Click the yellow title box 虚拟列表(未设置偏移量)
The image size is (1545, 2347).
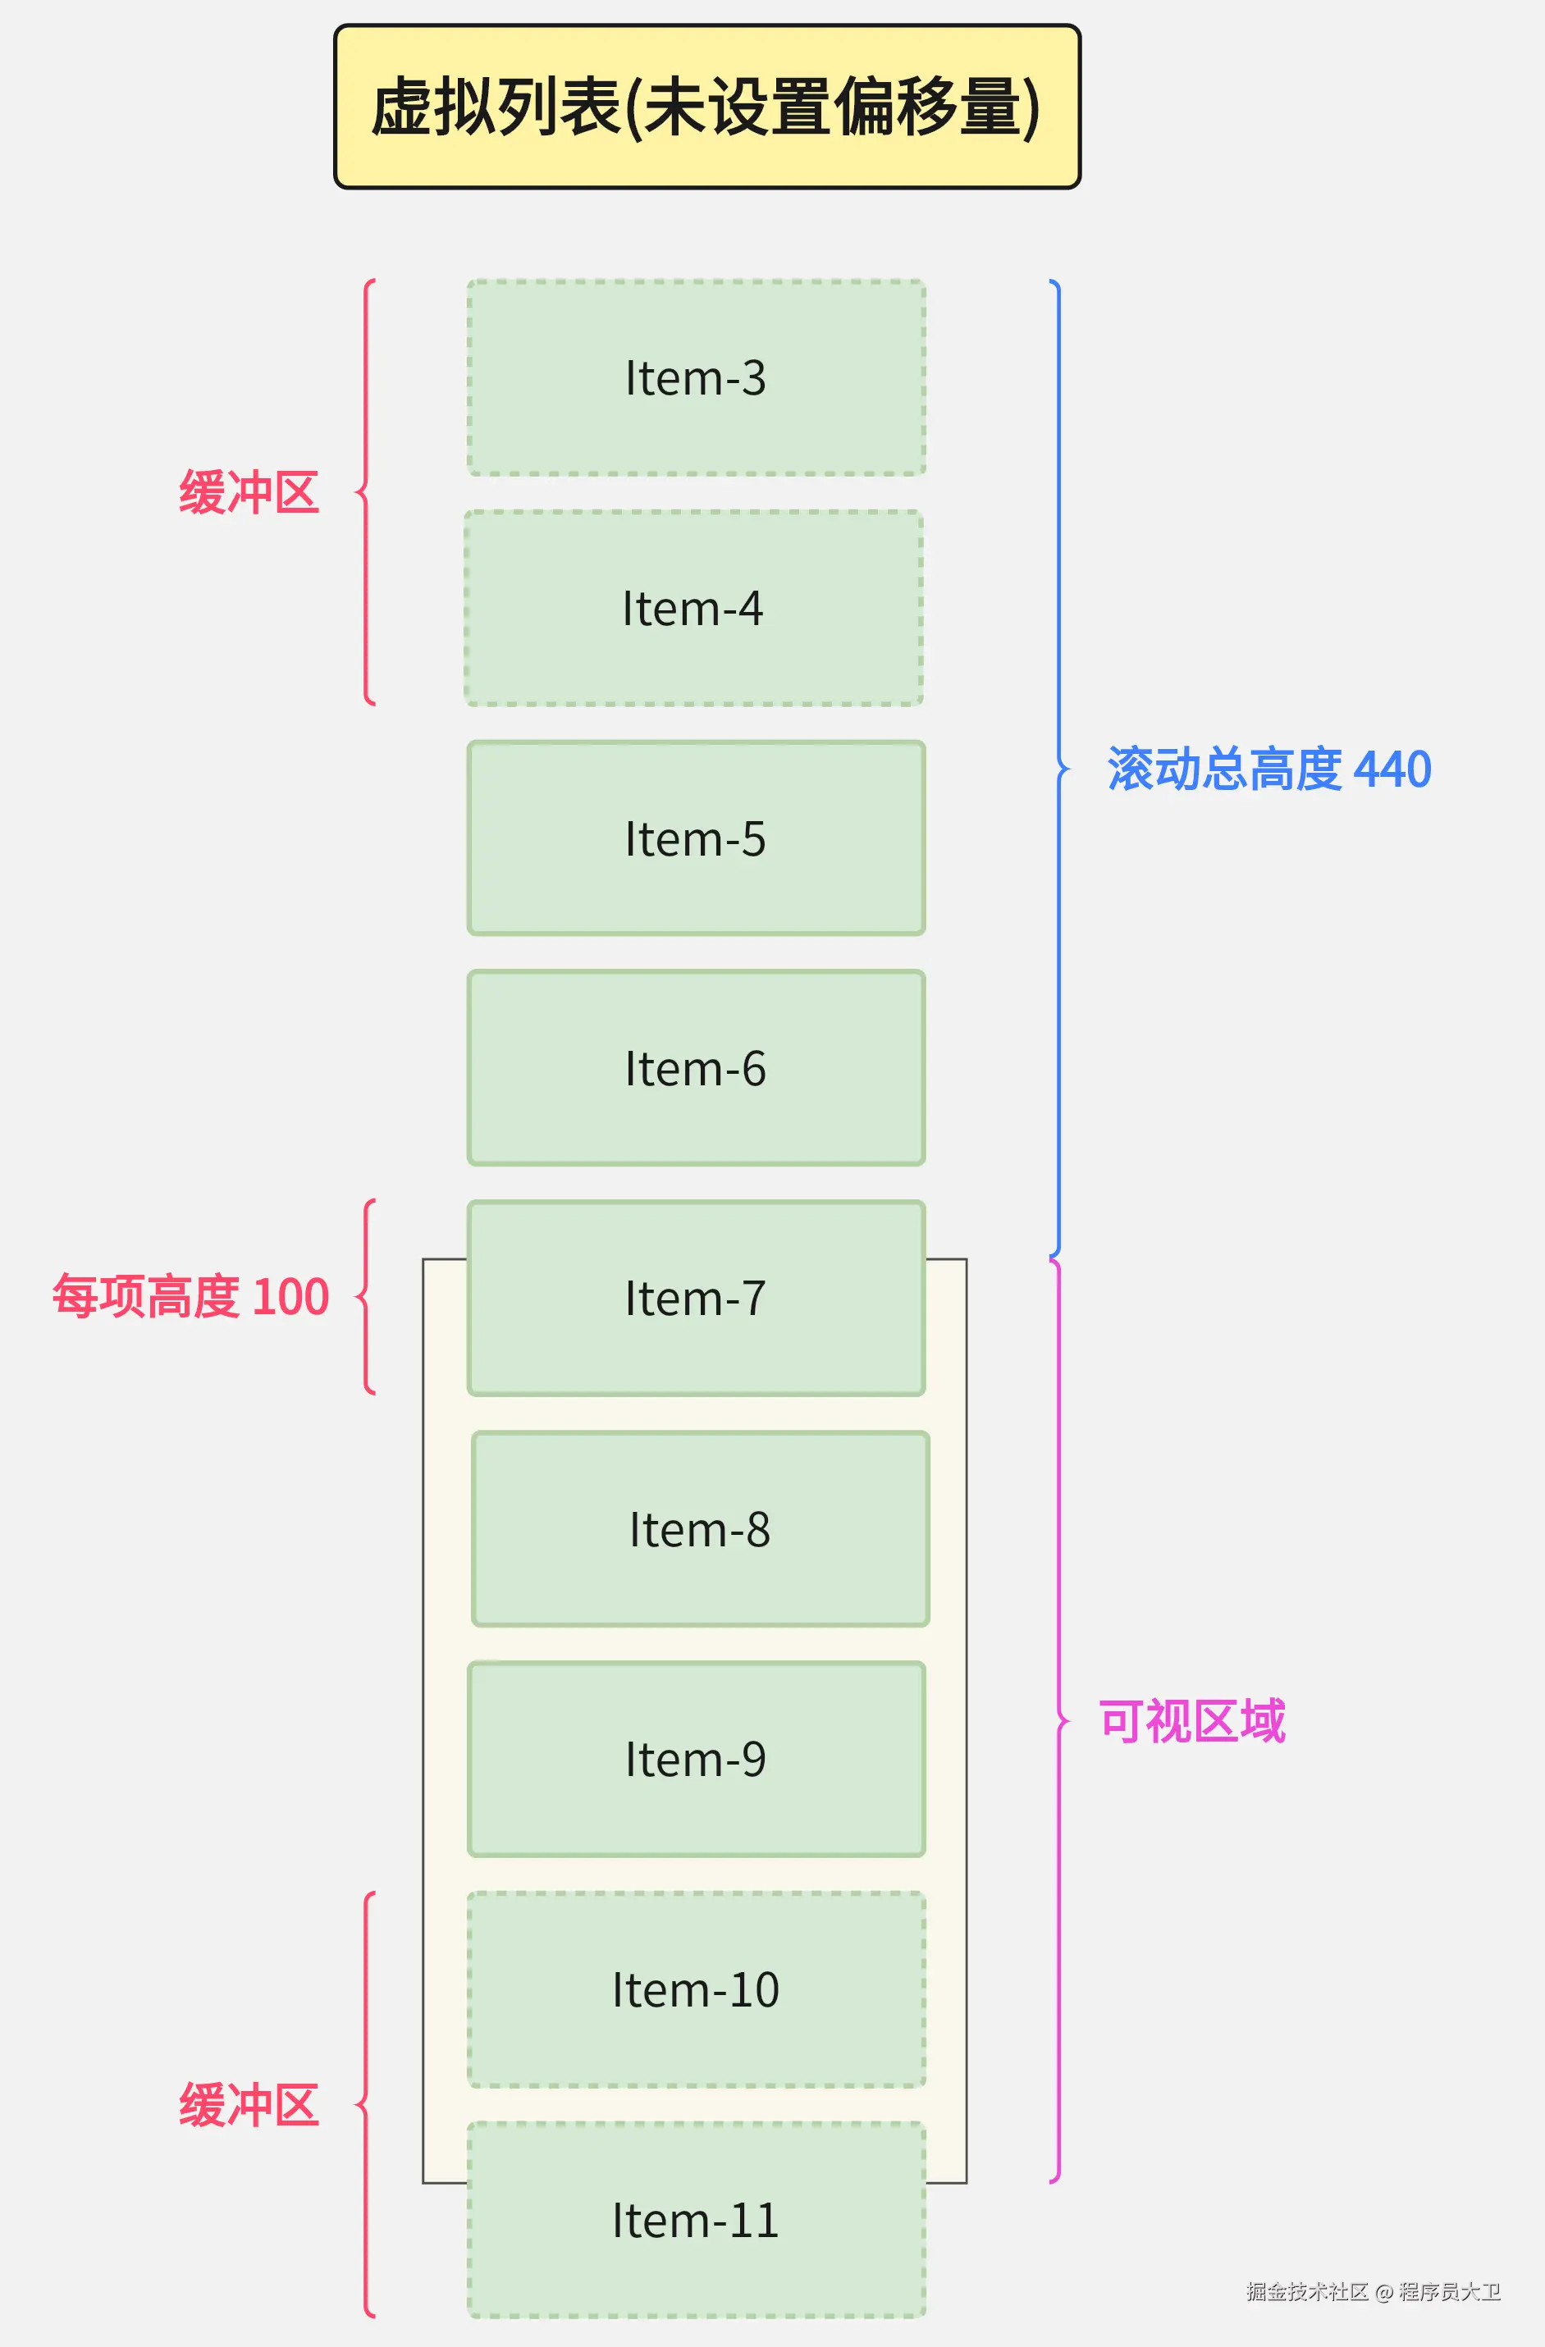click(x=706, y=107)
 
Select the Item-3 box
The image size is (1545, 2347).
click(x=696, y=377)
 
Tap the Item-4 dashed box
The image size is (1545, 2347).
click(x=693, y=607)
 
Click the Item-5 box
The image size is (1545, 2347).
click(x=696, y=838)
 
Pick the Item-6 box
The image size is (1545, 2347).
click(x=696, y=1068)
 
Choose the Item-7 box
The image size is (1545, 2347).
click(x=696, y=1298)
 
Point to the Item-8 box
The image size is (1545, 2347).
click(x=700, y=1528)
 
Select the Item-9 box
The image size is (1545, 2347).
click(x=696, y=1760)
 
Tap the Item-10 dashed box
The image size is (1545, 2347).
click(x=696, y=1989)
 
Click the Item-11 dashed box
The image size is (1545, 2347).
click(x=696, y=2220)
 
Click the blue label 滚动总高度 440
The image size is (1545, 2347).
click(x=1268, y=769)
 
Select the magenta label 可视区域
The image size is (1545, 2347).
click(x=1192, y=1722)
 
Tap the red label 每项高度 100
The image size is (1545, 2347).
click(x=190, y=1297)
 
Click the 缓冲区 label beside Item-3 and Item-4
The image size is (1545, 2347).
click(x=249, y=492)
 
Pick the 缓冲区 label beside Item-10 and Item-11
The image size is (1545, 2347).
click(x=249, y=2104)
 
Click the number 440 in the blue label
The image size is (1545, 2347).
click(x=1392, y=769)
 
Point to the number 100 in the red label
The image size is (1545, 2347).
click(x=290, y=1297)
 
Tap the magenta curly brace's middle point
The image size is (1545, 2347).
click(x=1063, y=1721)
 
